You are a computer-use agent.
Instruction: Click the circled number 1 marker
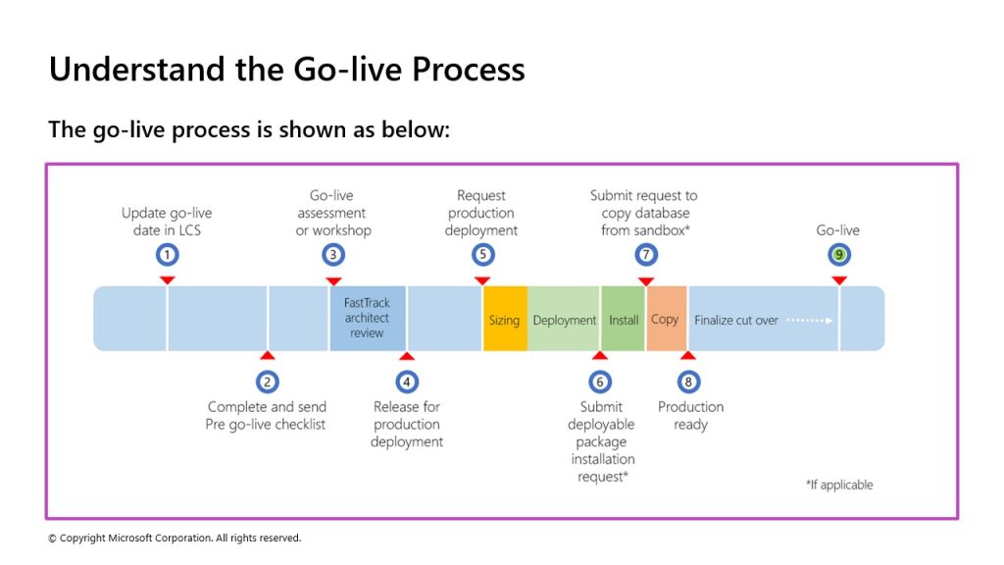167,255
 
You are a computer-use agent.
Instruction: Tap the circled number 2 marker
268,383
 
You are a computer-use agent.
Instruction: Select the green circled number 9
839,255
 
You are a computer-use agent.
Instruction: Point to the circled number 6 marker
600,383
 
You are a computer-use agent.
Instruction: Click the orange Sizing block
505,319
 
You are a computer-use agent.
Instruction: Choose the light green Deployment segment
564,319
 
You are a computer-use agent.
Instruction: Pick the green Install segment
623,319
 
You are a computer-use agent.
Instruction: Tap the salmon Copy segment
667,319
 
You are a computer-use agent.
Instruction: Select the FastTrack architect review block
368,319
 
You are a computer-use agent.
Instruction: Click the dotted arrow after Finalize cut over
810,321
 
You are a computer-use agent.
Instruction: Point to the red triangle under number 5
482,281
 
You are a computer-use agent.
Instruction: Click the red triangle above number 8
687,355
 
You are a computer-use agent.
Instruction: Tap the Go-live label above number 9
837,230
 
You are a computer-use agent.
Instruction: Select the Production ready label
690,416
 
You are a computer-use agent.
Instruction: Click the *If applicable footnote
839,485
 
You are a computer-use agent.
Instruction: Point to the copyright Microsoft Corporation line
175,539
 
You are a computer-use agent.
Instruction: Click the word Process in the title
468,70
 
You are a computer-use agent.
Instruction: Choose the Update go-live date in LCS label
167,222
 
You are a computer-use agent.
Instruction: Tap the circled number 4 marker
407,383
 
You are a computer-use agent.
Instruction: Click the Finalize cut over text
735,321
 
